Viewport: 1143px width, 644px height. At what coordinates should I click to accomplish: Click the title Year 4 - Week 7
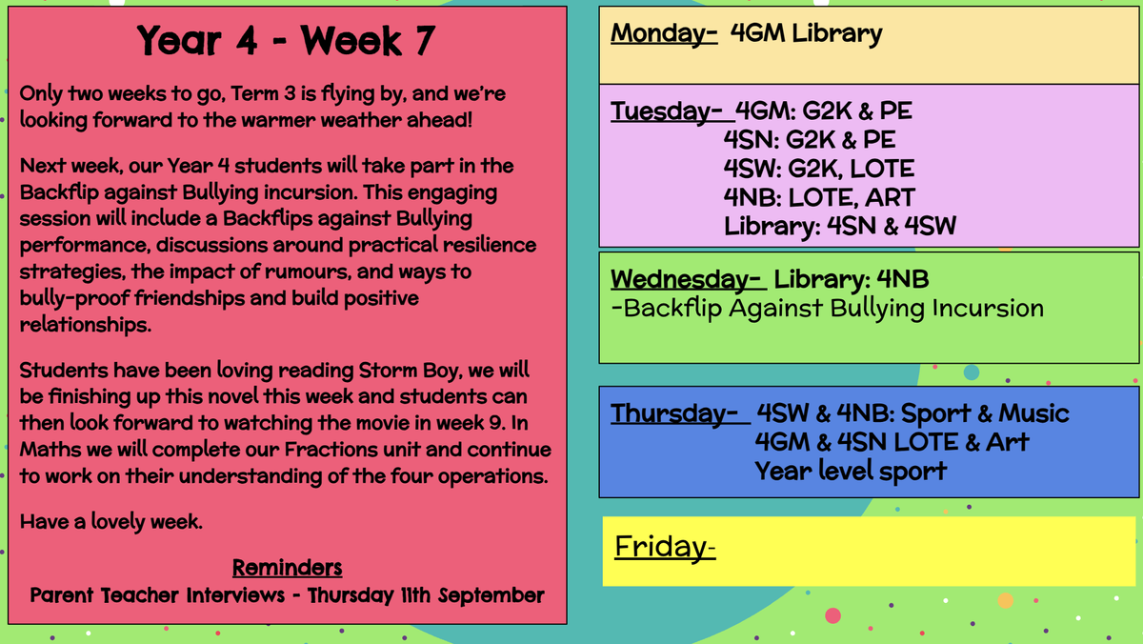[286, 40]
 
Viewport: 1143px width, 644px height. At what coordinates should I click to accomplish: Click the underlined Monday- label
[664, 34]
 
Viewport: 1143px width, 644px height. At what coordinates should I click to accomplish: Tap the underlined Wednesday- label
[686, 280]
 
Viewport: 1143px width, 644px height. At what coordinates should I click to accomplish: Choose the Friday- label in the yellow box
[665, 548]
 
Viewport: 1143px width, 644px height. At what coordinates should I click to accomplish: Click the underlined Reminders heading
[287, 568]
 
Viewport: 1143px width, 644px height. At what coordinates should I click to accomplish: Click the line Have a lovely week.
[111, 522]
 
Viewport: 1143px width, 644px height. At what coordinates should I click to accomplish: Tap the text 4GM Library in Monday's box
[806, 33]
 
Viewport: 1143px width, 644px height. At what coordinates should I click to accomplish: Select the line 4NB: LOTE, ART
[819, 197]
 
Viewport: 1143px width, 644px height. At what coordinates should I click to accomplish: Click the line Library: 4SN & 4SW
[840, 227]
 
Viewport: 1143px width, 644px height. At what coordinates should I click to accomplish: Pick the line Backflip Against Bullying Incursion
[827, 309]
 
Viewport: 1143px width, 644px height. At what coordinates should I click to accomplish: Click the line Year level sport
[851, 472]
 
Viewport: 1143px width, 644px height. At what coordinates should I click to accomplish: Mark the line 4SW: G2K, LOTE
[819, 169]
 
